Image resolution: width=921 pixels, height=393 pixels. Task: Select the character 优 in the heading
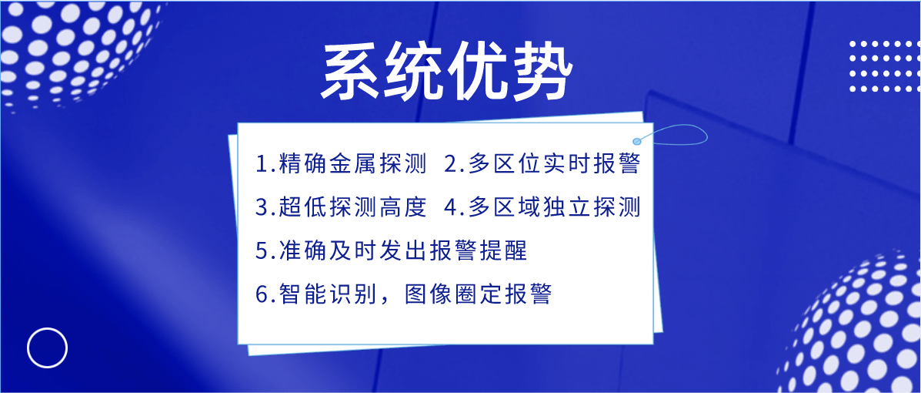[x=478, y=72]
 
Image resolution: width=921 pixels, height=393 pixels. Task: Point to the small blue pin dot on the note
[x=637, y=141]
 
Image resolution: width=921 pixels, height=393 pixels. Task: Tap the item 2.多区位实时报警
[x=542, y=164]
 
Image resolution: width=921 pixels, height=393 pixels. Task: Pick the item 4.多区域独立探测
[x=542, y=207]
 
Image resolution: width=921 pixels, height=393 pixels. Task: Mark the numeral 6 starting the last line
[x=262, y=294]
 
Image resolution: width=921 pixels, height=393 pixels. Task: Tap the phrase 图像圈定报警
[x=478, y=294]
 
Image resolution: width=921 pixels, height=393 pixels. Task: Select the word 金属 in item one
[x=352, y=164]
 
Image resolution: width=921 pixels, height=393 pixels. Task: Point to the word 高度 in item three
[x=402, y=207]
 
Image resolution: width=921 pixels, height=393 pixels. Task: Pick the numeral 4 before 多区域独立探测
[x=451, y=208]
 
